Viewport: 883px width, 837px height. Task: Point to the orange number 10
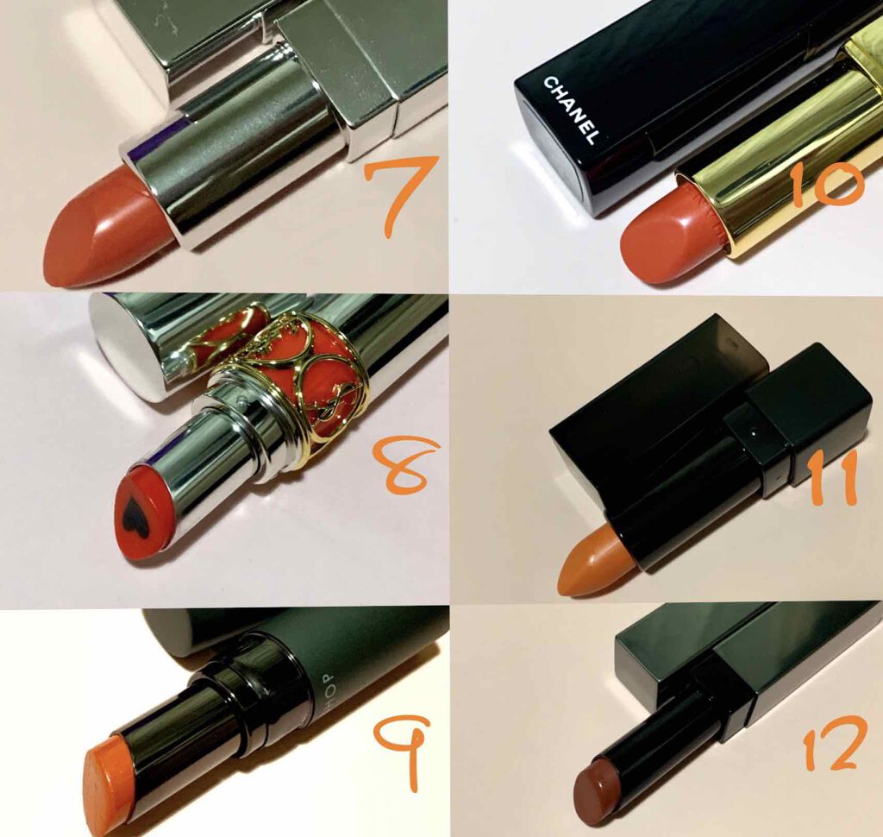pos(824,185)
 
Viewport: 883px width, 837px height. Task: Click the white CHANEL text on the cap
pos(570,110)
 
